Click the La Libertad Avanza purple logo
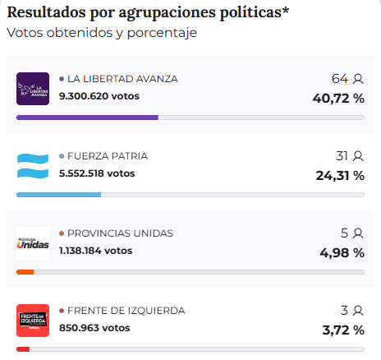33,89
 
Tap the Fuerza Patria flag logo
33,166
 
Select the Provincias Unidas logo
33,243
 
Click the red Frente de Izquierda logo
33,321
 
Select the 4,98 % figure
342,253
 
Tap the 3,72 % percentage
342,330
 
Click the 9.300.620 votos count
99,96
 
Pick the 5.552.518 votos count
97,173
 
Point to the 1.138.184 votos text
95,251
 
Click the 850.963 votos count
94,328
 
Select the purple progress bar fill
87,118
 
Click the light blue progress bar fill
58,195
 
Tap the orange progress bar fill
25,272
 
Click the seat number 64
340,79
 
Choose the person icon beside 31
358,156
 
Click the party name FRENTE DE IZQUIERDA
126,311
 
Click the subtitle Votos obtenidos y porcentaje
102,33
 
